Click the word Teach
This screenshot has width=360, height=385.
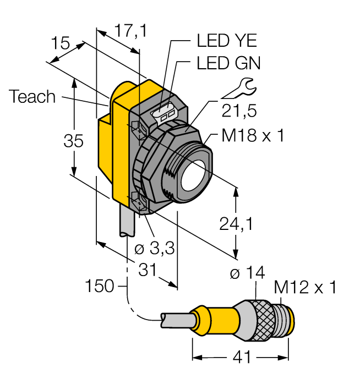(x=32, y=97)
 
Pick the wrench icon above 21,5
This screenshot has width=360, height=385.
(x=241, y=87)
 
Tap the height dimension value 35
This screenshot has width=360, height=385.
(x=73, y=141)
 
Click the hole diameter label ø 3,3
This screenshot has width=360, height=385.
(x=155, y=249)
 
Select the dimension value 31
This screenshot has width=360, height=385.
(x=146, y=270)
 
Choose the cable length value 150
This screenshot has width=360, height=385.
(x=100, y=286)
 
